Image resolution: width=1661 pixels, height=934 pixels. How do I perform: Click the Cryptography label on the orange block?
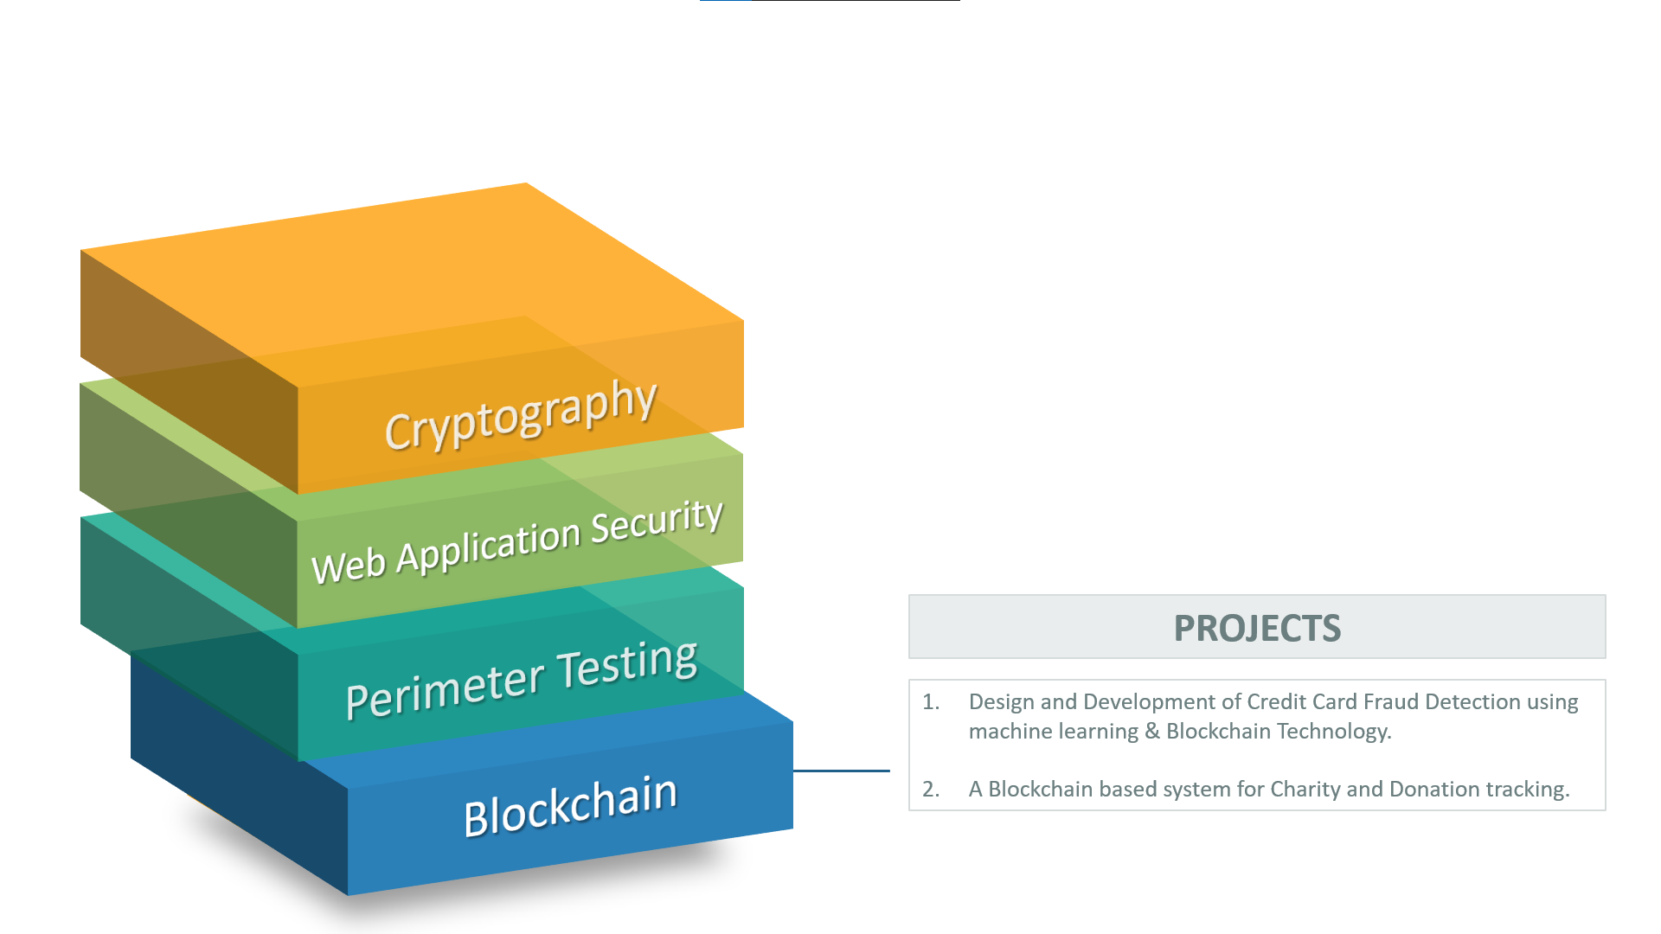click(x=521, y=416)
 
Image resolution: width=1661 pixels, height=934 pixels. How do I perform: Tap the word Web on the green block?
click(x=349, y=566)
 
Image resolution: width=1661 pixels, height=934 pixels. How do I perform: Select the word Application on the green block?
click(x=488, y=547)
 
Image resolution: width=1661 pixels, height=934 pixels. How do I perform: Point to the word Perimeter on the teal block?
click(x=446, y=689)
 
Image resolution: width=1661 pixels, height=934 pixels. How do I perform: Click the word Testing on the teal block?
click(x=627, y=664)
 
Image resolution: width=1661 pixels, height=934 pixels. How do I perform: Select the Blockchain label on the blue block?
click(x=570, y=806)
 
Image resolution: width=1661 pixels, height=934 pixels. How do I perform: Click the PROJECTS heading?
click(x=1257, y=628)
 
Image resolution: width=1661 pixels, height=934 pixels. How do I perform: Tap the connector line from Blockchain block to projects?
click(x=842, y=771)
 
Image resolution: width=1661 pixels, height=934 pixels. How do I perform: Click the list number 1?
click(x=930, y=701)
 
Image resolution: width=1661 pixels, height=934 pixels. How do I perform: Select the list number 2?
click(x=930, y=789)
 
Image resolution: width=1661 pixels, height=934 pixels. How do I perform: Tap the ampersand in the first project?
click(x=1152, y=732)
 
